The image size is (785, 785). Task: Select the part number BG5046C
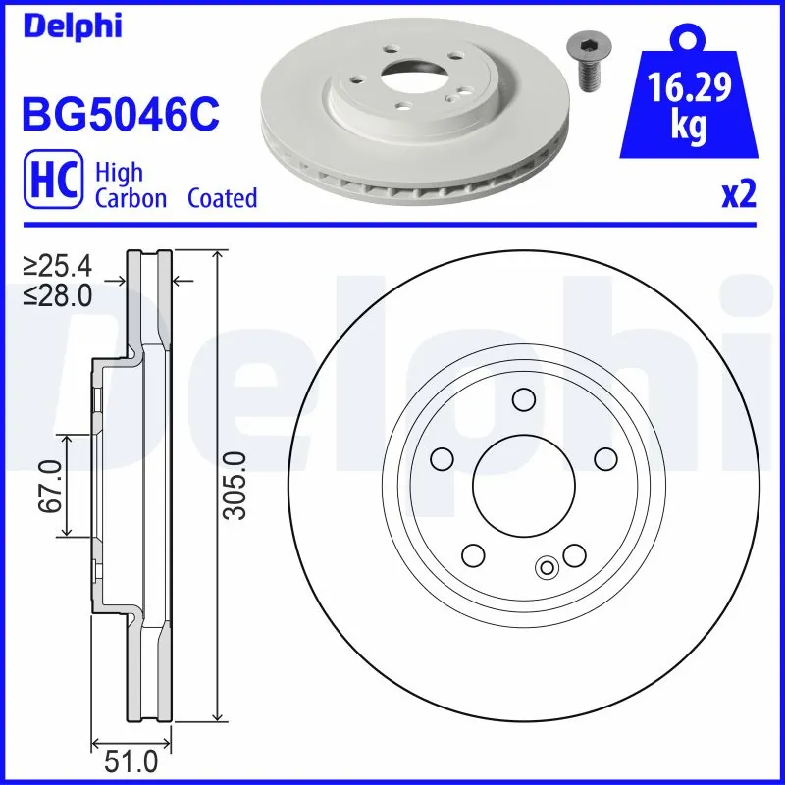(x=119, y=114)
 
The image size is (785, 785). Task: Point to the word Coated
(x=222, y=198)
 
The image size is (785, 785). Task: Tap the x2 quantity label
(x=739, y=195)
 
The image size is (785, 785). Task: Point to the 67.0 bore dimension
(x=48, y=485)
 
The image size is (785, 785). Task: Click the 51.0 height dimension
(x=131, y=761)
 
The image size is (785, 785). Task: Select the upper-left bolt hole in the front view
(x=442, y=457)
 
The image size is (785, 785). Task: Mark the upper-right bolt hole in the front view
(x=604, y=457)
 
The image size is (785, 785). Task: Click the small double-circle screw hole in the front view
(x=548, y=565)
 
